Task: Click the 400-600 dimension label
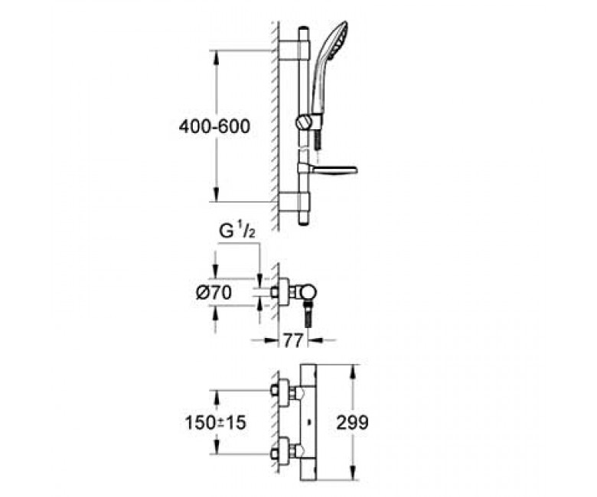[214, 126]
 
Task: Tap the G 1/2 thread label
[237, 232]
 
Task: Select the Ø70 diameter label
[214, 292]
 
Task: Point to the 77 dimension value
[293, 340]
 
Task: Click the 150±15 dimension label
[216, 423]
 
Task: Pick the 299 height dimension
[352, 422]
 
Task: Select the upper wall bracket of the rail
[295, 50]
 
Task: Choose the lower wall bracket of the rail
[295, 201]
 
